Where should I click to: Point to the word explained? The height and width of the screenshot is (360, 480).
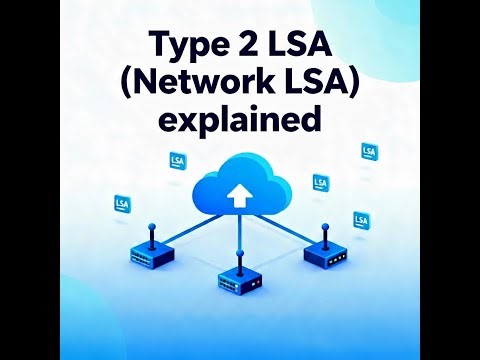[x=240, y=120]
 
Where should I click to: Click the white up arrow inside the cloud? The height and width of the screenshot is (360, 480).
[x=238, y=192]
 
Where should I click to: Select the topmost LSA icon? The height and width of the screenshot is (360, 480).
[x=369, y=151]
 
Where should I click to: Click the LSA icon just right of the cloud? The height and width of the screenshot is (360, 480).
[x=320, y=183]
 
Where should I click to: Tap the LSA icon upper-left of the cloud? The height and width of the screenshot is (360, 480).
[x=178, y=158]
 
